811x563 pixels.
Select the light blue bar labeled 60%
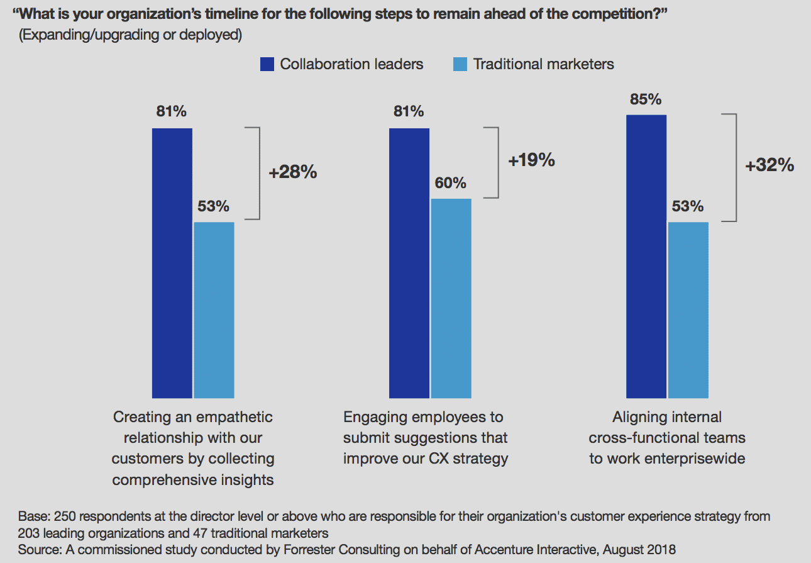coord(451,298)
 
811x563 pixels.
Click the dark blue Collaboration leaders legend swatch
coord(267,64)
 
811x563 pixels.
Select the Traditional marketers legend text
coord(543,64)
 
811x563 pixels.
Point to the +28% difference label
coord(293,172)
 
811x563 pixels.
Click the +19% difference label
coord(531,160)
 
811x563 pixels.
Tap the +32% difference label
coord(770,165)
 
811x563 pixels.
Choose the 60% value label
coord(451,183)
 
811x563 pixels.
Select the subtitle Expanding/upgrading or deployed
coord(131,35)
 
